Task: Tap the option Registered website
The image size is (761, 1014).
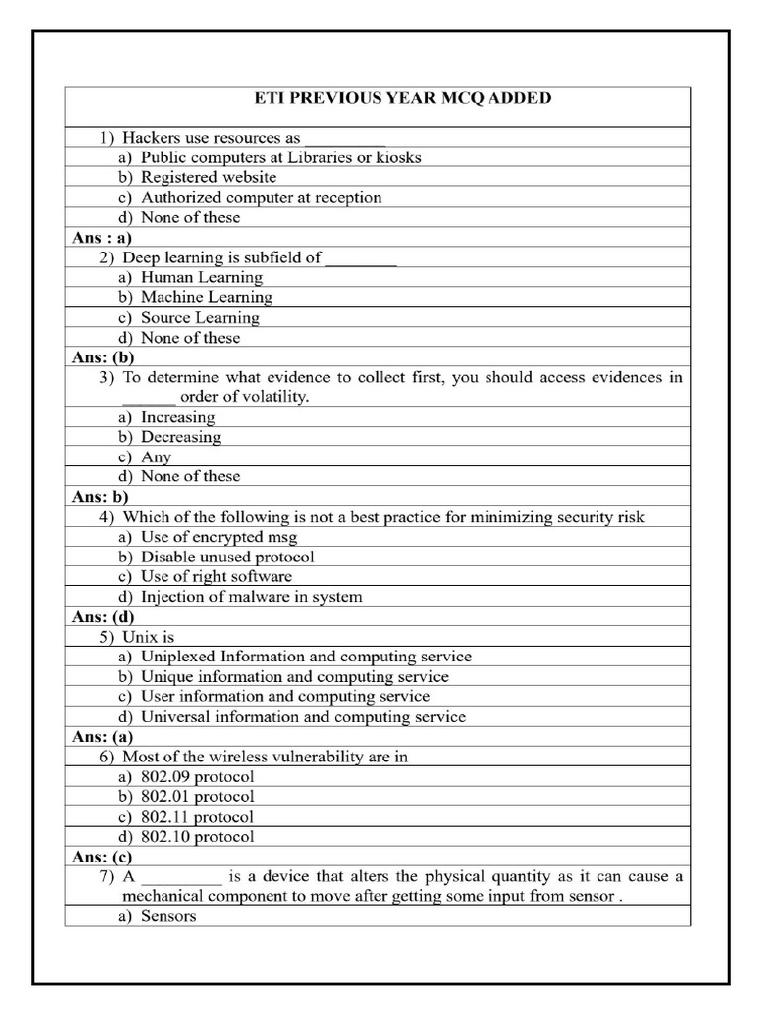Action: pyautogui.click(x=208, y=177)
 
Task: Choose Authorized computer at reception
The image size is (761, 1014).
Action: pyautogui.click(x=261, y=197)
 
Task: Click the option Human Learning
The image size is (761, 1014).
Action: pyautogui.click(x=201, y=277)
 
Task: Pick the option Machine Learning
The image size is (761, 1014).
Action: pyautogui.click(x=205, y=297)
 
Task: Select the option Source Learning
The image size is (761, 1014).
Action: pyautogui.click(x=199, y=318)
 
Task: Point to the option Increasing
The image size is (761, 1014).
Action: pyautogui.click(x=177, y=417)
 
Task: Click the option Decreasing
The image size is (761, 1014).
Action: pyautogui.click(x=180, y=437)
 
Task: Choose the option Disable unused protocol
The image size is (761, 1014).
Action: pyautogui.click(x=227, y=557)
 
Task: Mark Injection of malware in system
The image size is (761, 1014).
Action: pyautogui.click(x=251, y=597)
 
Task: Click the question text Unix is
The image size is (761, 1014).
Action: pyautogui.click(x=148, y=637)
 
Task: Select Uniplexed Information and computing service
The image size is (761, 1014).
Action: pyautogui.click(x=305, y=657)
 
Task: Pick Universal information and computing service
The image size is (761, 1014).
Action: pyautogui.click(x=302, y=717)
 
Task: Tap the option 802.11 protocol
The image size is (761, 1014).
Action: pyautogui.click(x=196, y=817)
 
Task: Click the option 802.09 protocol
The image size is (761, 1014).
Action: pyautogui.click(x=196, y=776)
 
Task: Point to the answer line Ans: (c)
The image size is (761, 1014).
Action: pyautogui.click(x=102, y=857)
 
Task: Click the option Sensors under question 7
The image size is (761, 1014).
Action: pyautogui.click(x=168, y=916)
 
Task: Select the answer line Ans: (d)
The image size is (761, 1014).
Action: pyautogui.click(x=103, y=617)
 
